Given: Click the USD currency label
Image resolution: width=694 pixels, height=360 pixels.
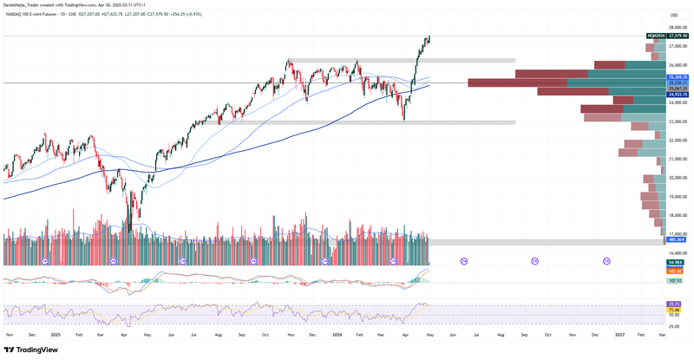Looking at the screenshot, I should [674, 15].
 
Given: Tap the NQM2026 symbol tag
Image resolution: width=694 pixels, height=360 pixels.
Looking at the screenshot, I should [656, 36].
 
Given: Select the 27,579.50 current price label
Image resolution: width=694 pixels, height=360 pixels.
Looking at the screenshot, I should [678, 36].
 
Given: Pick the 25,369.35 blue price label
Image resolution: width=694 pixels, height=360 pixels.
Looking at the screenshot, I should [678, 77].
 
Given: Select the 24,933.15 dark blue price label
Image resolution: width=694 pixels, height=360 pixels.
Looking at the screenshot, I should [678, 95].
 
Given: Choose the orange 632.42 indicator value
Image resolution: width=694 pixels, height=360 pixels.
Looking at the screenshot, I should [677, 271].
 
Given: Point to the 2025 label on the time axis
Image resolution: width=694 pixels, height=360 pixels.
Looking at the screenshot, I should [55, 333].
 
